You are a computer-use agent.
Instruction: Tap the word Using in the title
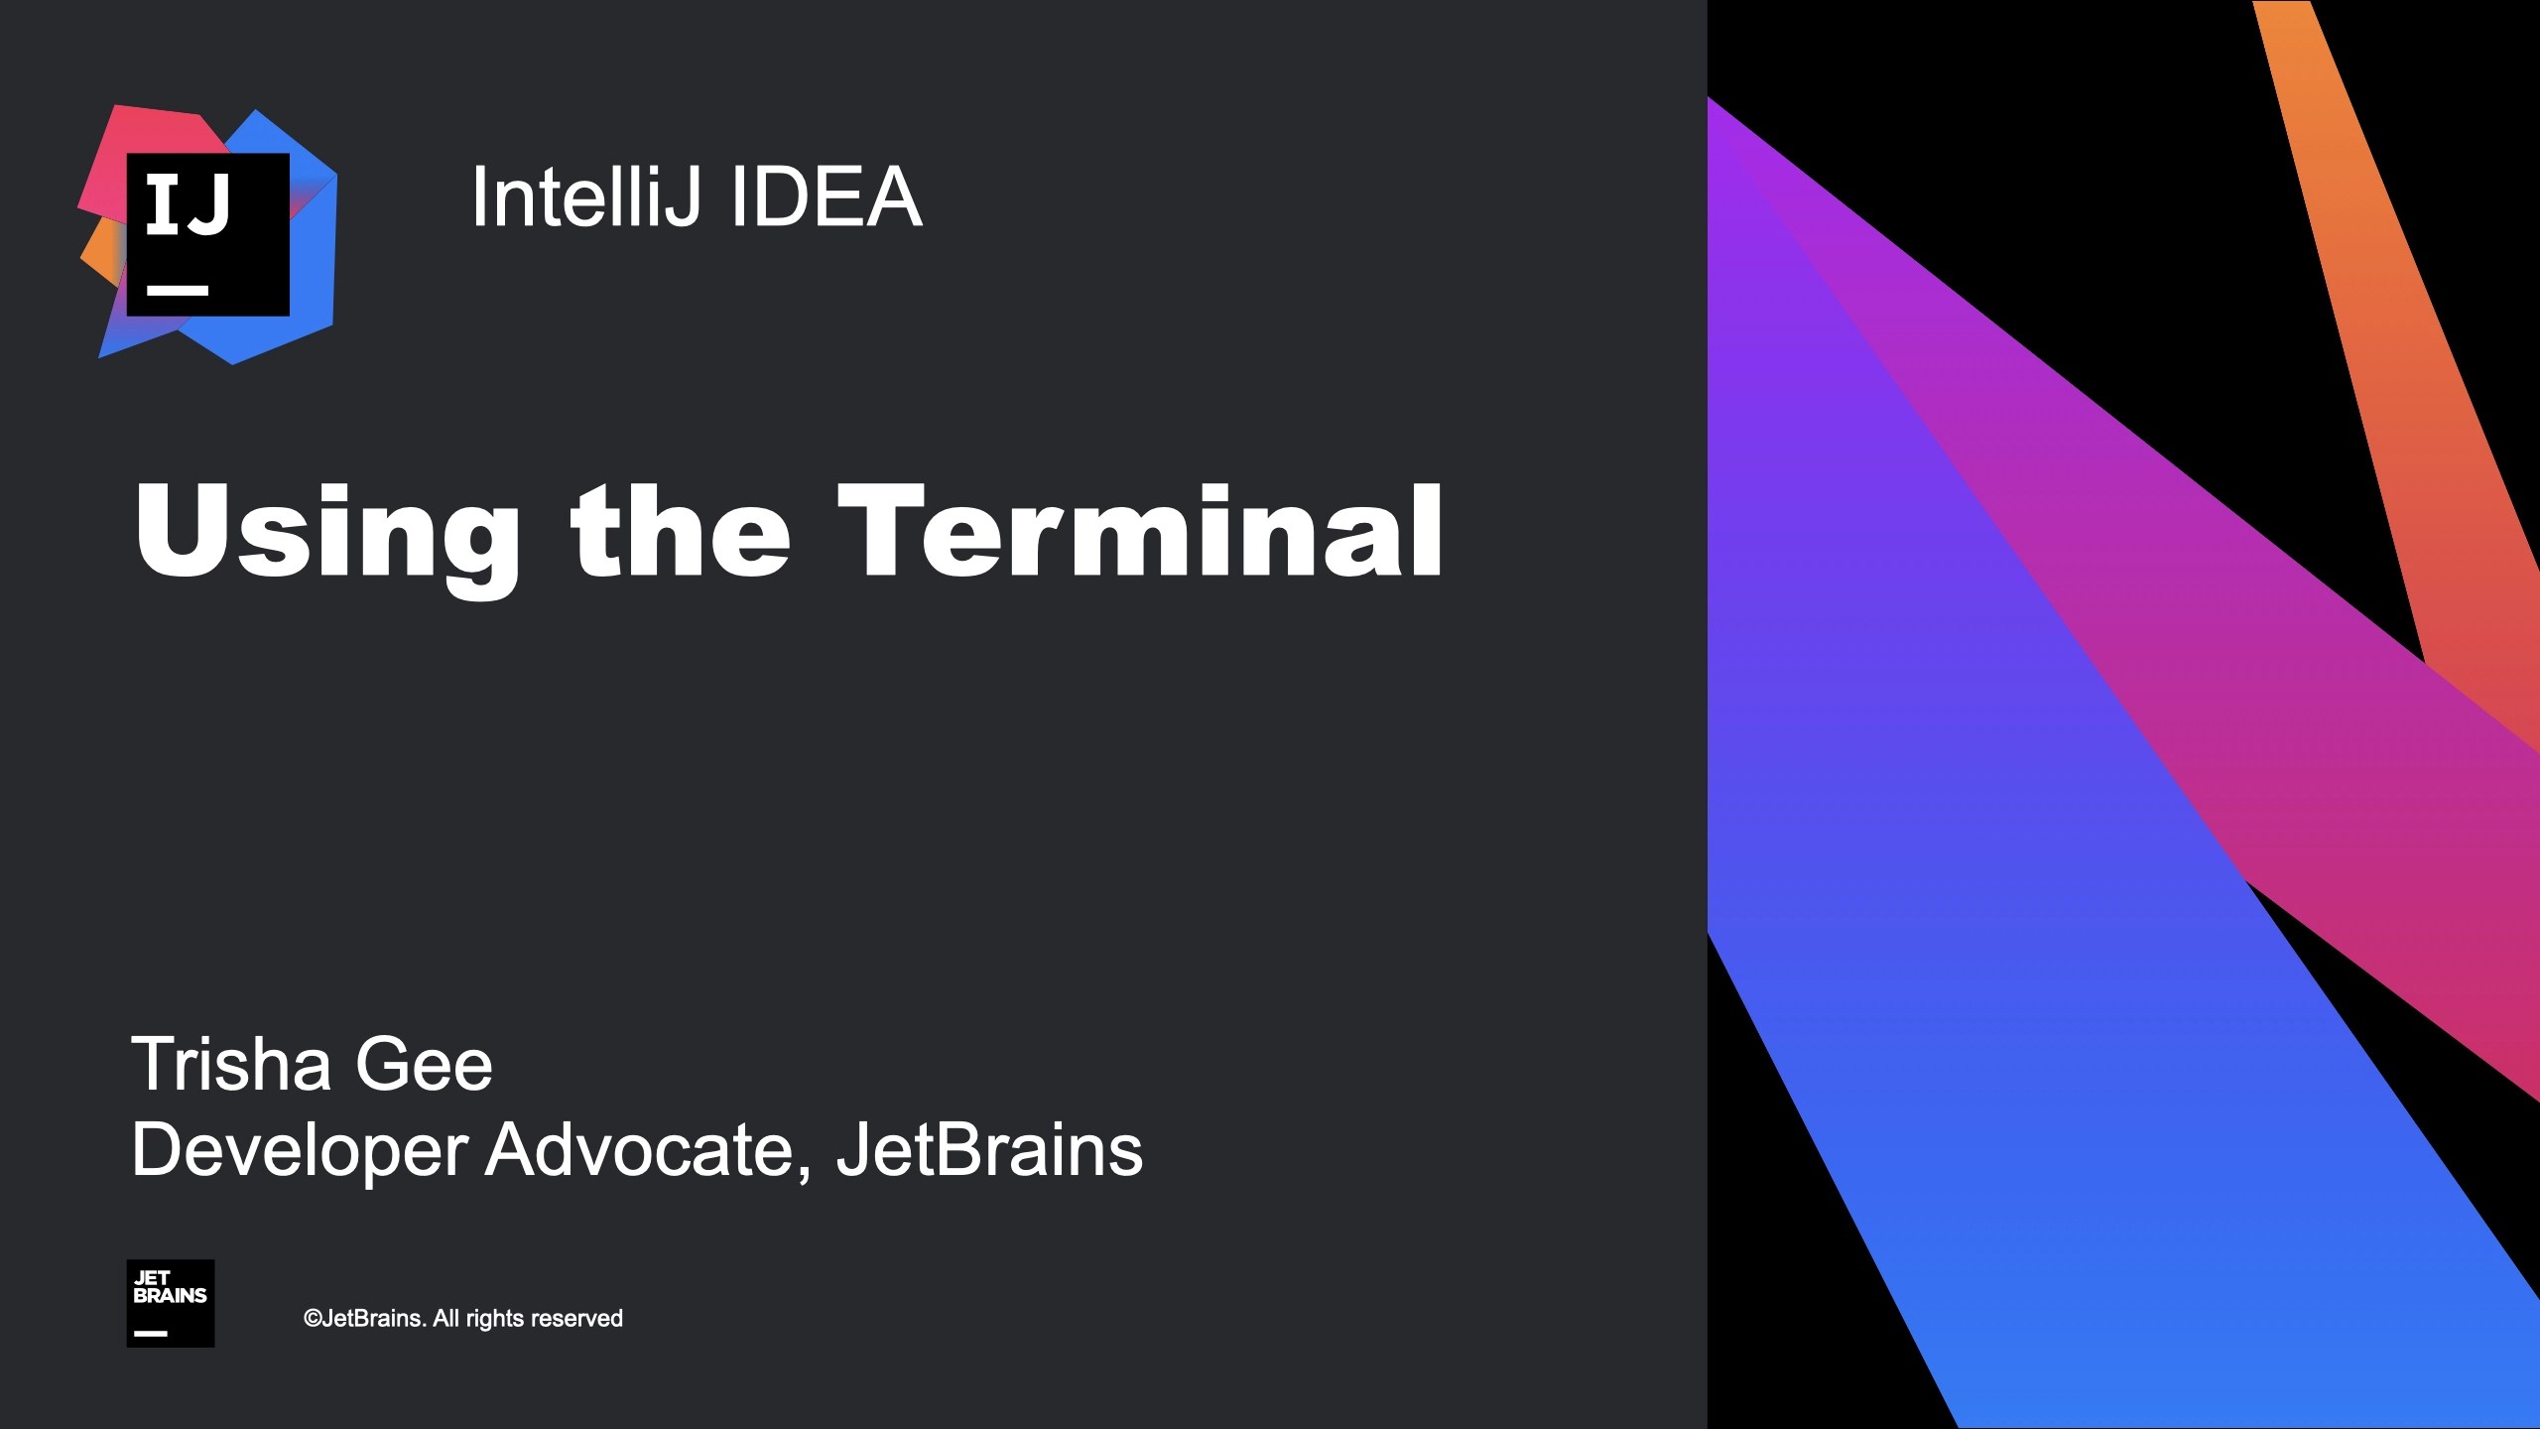327,533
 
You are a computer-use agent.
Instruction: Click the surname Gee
424,1064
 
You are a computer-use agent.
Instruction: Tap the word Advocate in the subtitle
641,1149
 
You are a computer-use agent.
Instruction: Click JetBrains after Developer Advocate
989,1149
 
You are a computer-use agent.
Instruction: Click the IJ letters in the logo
189,205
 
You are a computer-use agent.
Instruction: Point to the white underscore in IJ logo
178,291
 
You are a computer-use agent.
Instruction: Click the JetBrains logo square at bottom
171,1303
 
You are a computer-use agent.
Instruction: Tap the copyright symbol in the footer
313,1319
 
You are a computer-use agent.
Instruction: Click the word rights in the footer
493,1319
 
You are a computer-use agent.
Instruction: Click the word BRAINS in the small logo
171,1296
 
